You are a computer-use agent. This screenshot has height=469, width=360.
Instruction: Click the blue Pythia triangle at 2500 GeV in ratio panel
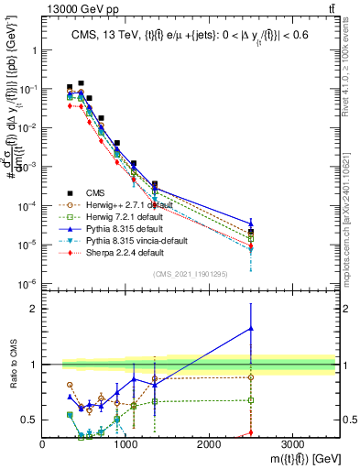click(250, 328)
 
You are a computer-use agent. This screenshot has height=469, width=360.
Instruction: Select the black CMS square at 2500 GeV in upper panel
click(250, 232)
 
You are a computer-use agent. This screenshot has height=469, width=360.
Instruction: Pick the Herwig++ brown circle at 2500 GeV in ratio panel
click(250, 376)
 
